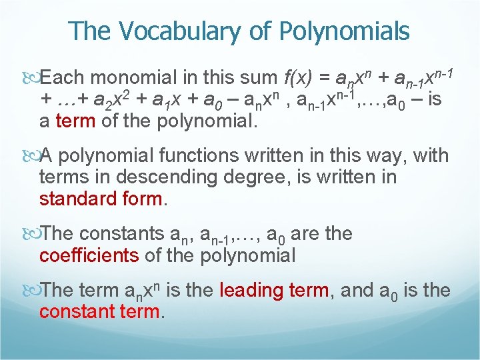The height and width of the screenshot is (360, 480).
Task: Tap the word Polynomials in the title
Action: pyautogui.click(x=345, y=31)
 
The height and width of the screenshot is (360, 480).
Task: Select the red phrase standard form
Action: pyautogui.click(x=101, y=199)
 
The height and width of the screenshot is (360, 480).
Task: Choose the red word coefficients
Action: pyautogui.click(x=89, y=255)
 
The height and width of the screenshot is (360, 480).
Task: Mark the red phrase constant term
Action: pyautogui.click(x=101, y=312)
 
